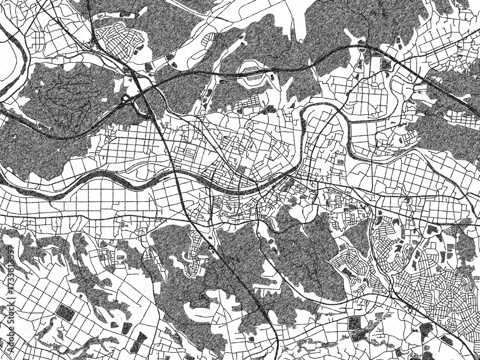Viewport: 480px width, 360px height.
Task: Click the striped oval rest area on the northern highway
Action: pos(253,72)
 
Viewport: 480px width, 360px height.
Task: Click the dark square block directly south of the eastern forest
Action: pos(436,230)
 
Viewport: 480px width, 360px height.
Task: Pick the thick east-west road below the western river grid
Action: pos(96,215)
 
